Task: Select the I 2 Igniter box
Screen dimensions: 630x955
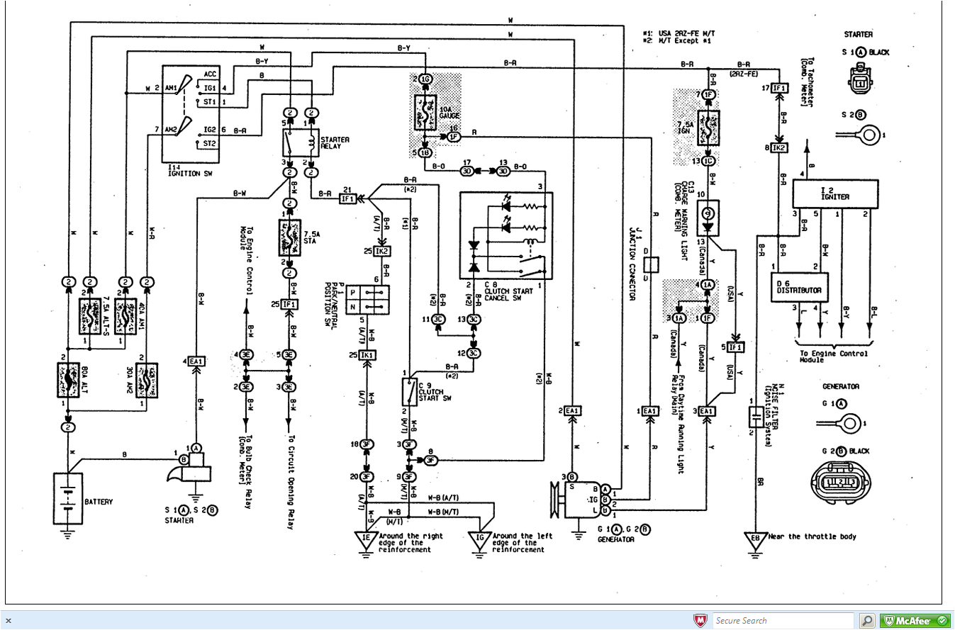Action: (834, 193)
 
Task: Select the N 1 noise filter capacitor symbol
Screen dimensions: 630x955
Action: (756, 417)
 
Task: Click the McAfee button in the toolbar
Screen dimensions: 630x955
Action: (915, 621)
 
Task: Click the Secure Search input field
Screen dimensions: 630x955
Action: (783, 621)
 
